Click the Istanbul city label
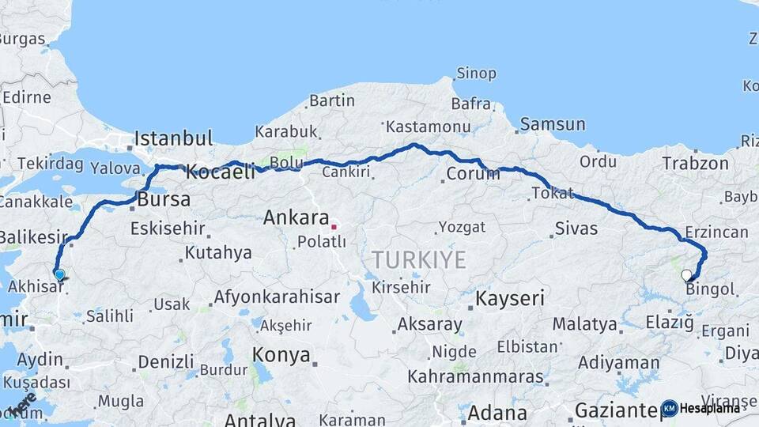[173, 139]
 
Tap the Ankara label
[296, 217]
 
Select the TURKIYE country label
[419, 259]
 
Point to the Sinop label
[476, 74]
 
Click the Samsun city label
[553, 124]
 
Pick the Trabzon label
[695, 163]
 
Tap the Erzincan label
[716, 232]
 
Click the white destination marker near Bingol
[686, 276]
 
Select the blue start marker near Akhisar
[59, 274]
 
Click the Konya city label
[281, 355]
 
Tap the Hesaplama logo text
[709, 408]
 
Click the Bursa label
[164, 200]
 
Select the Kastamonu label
[426, 127]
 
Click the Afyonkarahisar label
[276, 297]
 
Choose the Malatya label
[584, 323]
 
